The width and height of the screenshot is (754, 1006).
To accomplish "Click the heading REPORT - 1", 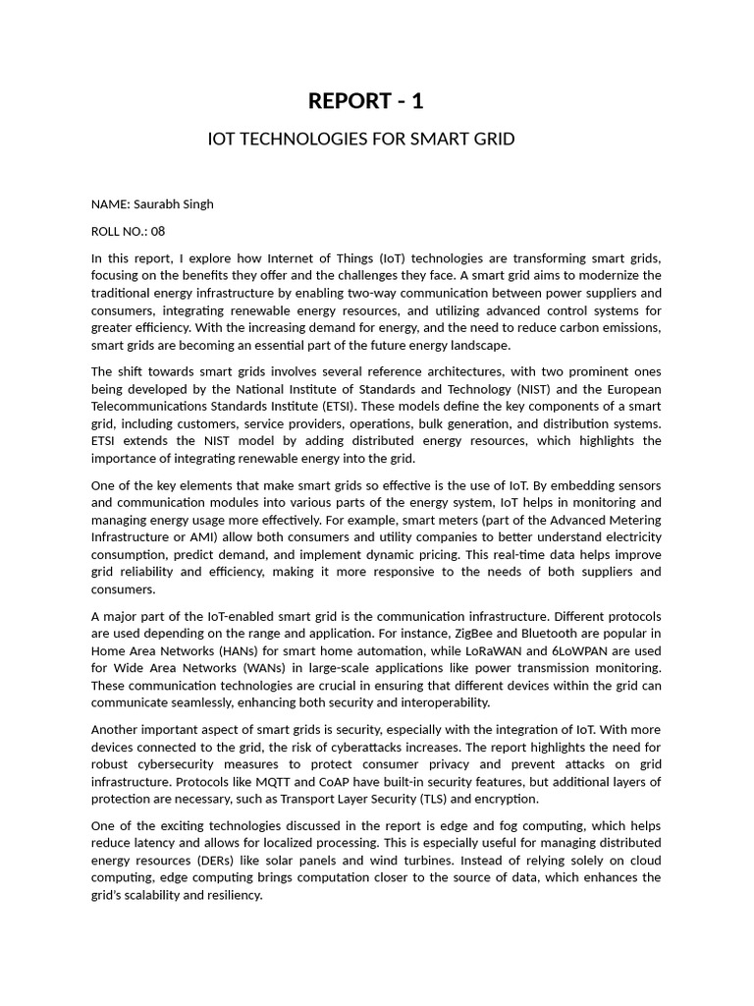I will (366, 101).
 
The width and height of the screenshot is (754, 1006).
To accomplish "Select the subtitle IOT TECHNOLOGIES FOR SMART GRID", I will (361, 139).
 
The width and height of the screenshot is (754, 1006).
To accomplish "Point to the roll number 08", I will (158, 232).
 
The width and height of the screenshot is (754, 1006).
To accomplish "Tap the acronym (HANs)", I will (256, 651).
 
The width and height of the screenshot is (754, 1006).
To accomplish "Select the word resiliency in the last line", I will (232, 895).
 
